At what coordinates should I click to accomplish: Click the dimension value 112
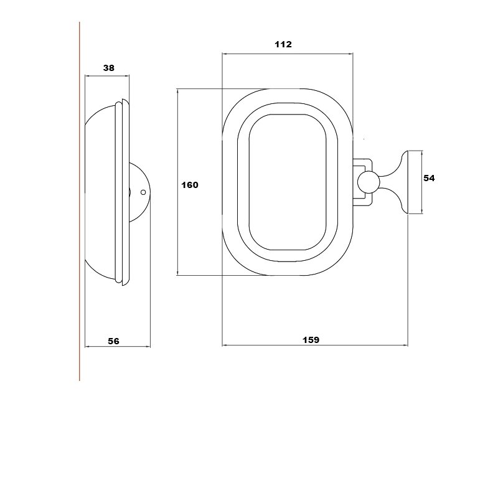click(x=283, y=44)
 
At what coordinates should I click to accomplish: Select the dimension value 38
click(x=108, y=68)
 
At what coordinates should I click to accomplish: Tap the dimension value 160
click(x=190, y=185)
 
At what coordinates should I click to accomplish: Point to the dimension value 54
click(x=429, y=178)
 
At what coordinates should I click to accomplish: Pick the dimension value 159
click(x=311, y=340)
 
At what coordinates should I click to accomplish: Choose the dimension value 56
click(x=113, y=341)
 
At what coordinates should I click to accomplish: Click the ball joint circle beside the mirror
click(x=369, y=182)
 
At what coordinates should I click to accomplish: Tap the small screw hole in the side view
click(x=143, y=192)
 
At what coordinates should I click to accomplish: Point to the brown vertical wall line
click(x=80, y=201)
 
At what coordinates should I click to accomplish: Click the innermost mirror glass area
click(x=288, y=182)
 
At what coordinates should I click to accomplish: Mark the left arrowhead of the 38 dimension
click(x=87, y=76)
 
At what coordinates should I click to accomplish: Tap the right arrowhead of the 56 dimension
click(x=148, y=347)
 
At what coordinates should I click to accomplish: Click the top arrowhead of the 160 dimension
click(x=177, y=91)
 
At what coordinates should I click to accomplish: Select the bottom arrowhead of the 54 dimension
click(x=422, y=211)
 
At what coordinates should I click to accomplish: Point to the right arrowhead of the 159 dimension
click(x=406, y=345)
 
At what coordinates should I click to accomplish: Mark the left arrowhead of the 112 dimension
click(x=225, y=54)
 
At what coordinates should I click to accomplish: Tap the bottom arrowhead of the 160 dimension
click(x=177, y=273)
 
